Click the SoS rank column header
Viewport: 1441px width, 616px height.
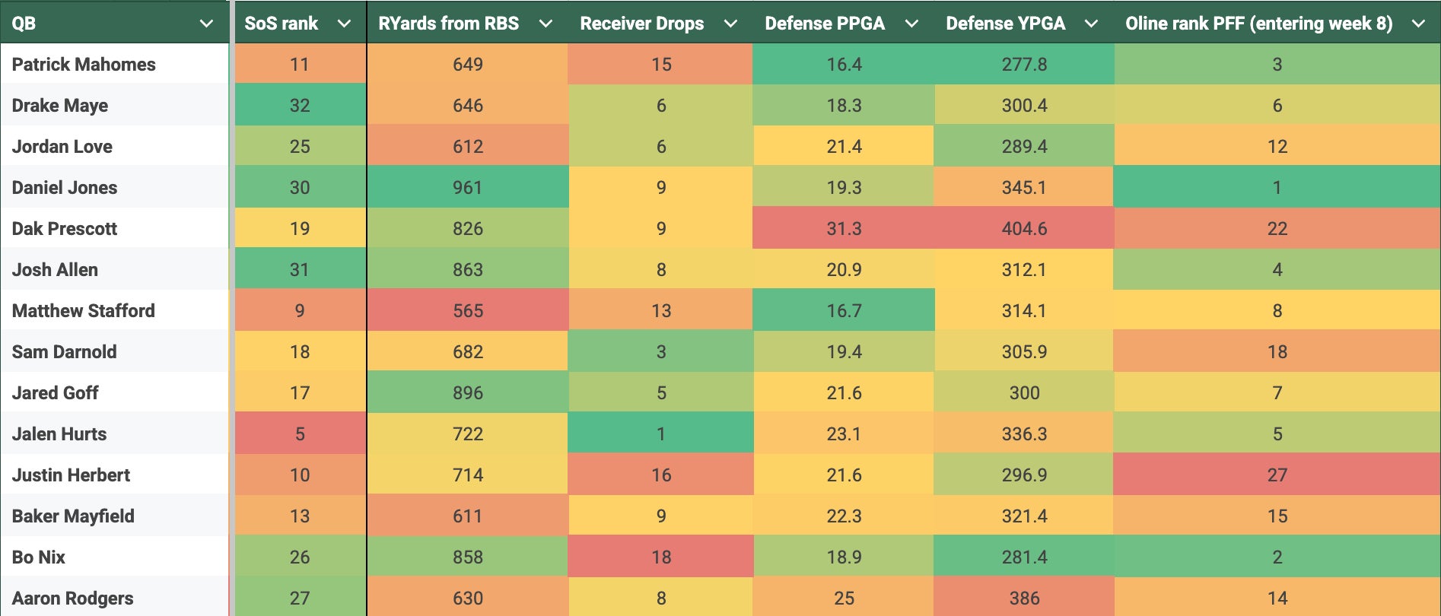(281, 24)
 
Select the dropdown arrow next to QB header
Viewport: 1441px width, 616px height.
(206, 24)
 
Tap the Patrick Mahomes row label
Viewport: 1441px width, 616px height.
(84, 65)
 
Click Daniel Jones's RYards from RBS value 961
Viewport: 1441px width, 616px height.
(468, 188)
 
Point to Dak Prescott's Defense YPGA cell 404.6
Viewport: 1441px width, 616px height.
(1024, 229)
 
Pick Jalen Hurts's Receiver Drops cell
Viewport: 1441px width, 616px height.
(661, 434)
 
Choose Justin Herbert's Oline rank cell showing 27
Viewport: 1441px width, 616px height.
(1277, 475)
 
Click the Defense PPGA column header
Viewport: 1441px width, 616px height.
(825, 24)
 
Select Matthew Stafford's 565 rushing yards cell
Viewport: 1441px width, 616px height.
(468, 311)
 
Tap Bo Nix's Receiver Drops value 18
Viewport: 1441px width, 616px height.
(661, 557)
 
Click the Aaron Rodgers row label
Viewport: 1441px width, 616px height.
(73, 599)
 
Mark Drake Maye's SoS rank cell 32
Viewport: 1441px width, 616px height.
(300, 106)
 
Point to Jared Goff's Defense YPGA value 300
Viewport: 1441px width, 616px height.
(1024, 393)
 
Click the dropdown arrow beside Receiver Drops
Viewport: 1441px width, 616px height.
(730, 24)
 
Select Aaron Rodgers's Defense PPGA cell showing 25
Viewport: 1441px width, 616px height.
(844, 599)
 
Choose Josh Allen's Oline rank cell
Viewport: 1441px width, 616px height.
(1277, 270)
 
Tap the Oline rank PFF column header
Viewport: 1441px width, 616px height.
(1258, 24)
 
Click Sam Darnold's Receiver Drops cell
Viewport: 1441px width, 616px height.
(661, 352)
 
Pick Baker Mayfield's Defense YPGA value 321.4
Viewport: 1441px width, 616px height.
(1024, 516)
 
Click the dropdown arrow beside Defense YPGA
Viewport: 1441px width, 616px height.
(1091, 24)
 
